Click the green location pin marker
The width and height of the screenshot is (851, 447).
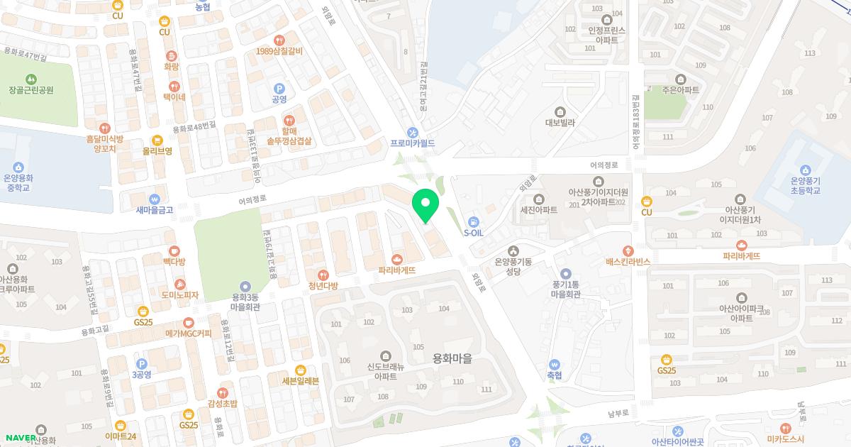tap(425, 204)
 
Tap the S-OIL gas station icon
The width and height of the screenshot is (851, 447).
tap(474, 221)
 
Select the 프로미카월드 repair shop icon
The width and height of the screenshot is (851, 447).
tap(413, 132)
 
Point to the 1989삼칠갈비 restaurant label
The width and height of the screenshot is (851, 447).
tap(279, 51)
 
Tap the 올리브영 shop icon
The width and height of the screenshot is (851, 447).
tap(157, 140)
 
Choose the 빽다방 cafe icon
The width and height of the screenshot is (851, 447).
tap(174, 250)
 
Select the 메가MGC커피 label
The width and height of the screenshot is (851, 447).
tap(189, 333)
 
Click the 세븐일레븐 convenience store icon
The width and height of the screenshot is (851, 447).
tap(301, 370)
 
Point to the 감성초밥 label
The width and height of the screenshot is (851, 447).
tap(223, 404)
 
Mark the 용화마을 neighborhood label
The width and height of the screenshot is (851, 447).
tap(452, 359)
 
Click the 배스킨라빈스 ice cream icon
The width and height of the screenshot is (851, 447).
tap(628, 250)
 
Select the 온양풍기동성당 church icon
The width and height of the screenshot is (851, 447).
tap(514, 250)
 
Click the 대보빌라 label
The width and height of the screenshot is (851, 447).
tap(560, 122)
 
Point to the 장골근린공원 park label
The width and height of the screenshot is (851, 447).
tap(31, 90)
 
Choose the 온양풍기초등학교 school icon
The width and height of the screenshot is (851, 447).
tap(805, 170)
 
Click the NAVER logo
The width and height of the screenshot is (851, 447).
tap(19, 438)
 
